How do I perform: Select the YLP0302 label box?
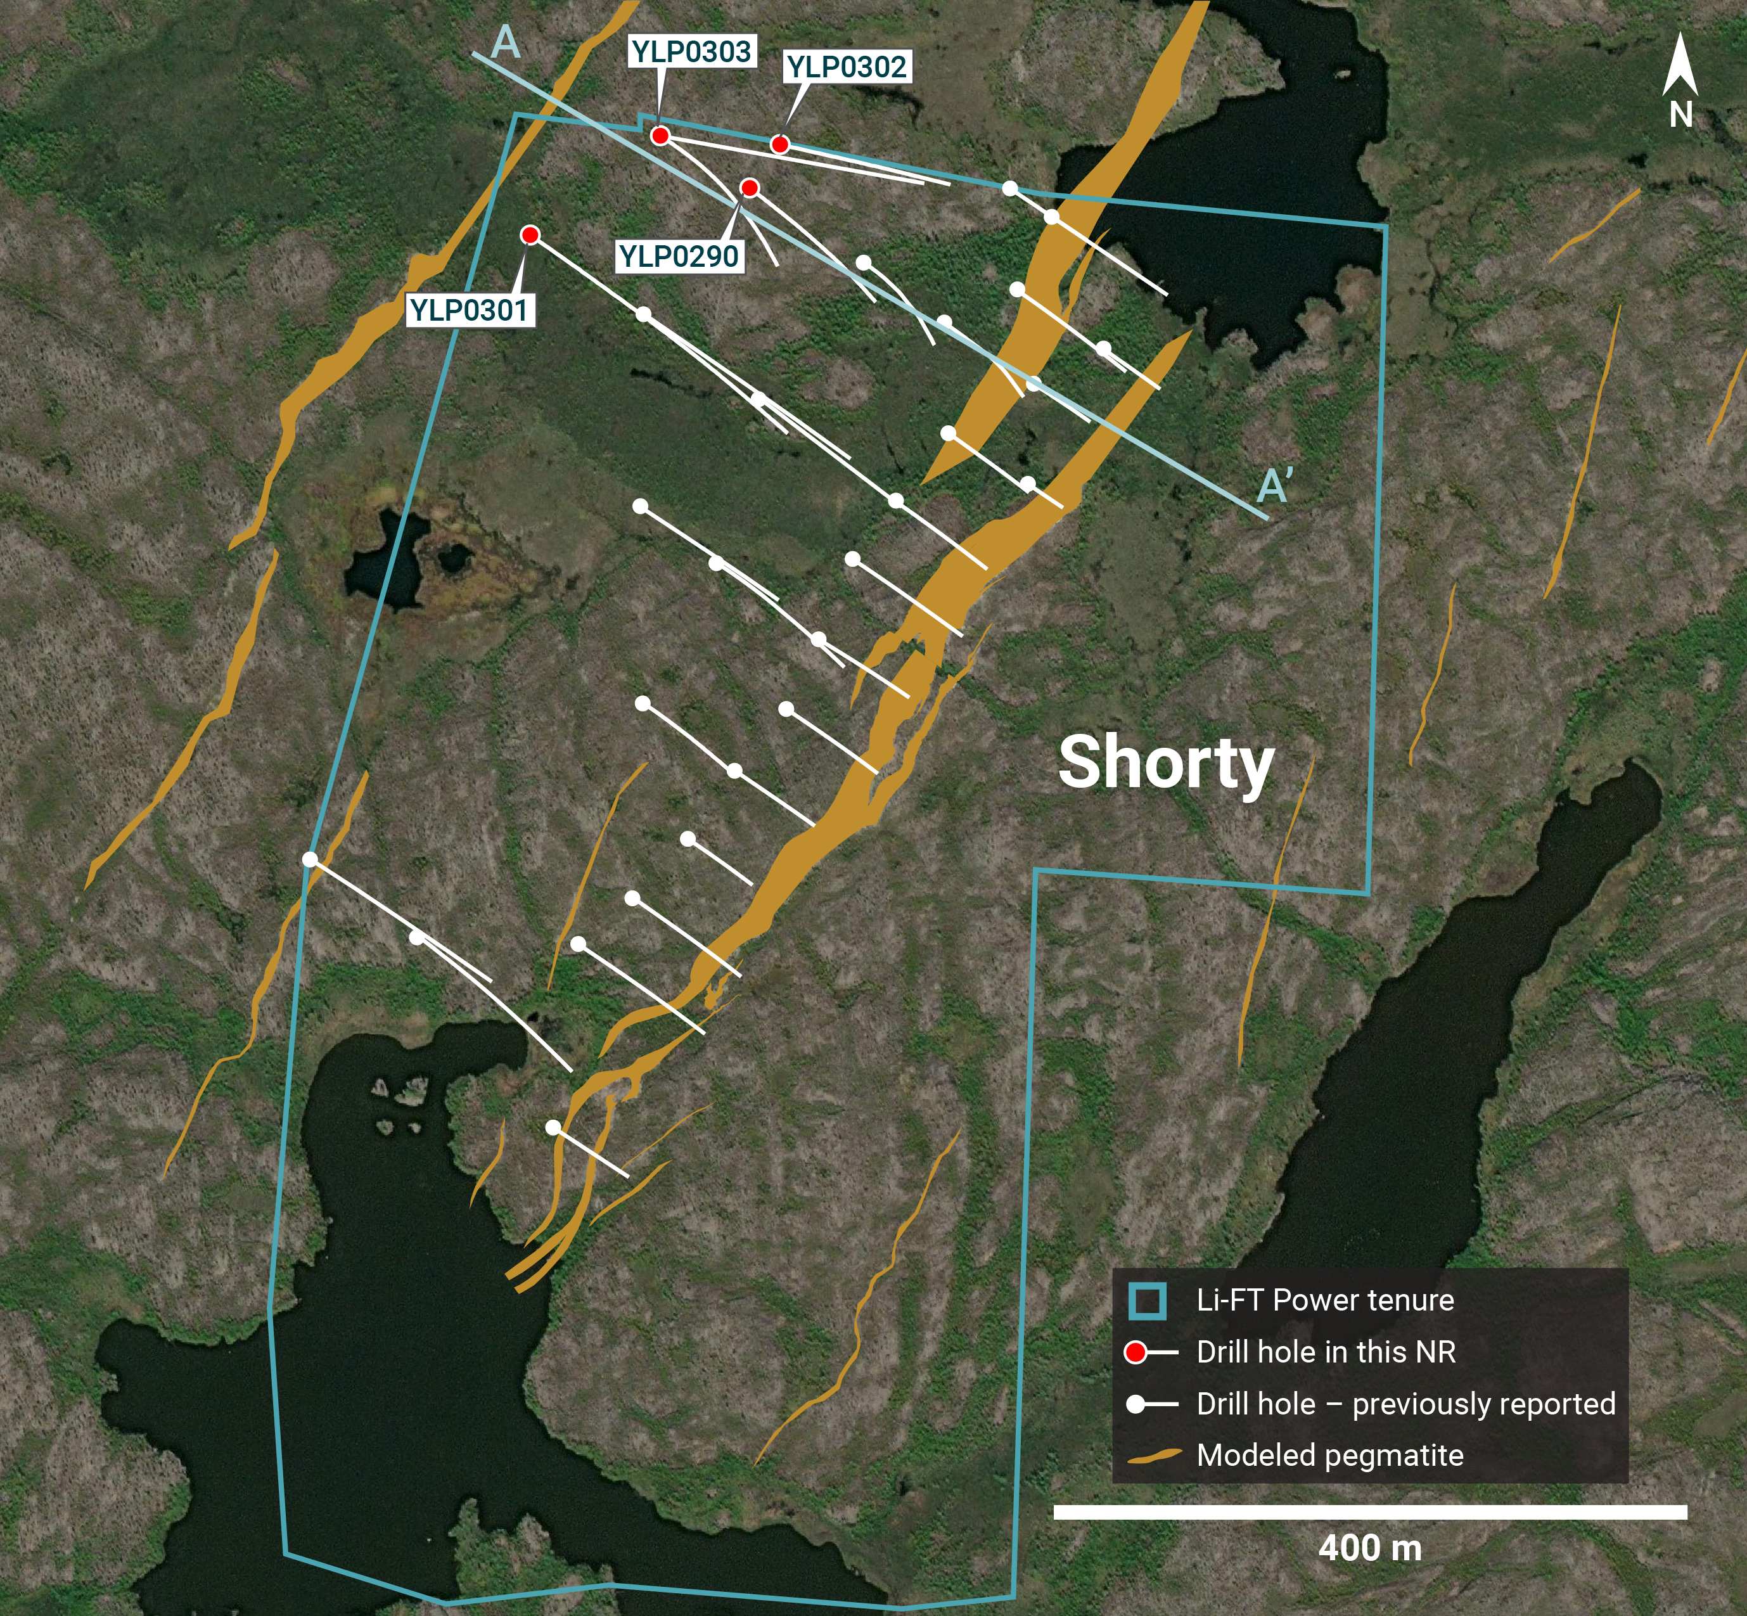[847, 67]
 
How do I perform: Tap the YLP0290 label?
[679, 256]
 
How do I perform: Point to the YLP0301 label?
[469, 309]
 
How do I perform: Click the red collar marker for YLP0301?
[530, 234]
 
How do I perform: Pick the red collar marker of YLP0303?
[660, 136]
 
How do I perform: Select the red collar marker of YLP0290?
[750, 187]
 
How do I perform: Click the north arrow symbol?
[1680, 65]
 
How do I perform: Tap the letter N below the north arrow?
[1680, 115]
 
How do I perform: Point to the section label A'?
[1274, 485]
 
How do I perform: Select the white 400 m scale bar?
[1369, 1512]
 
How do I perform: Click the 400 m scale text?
[1369, 1549]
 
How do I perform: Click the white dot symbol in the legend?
[1135, 1404]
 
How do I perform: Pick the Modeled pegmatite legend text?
[1329, 1455]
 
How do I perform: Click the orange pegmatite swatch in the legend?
[1153, 1456]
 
